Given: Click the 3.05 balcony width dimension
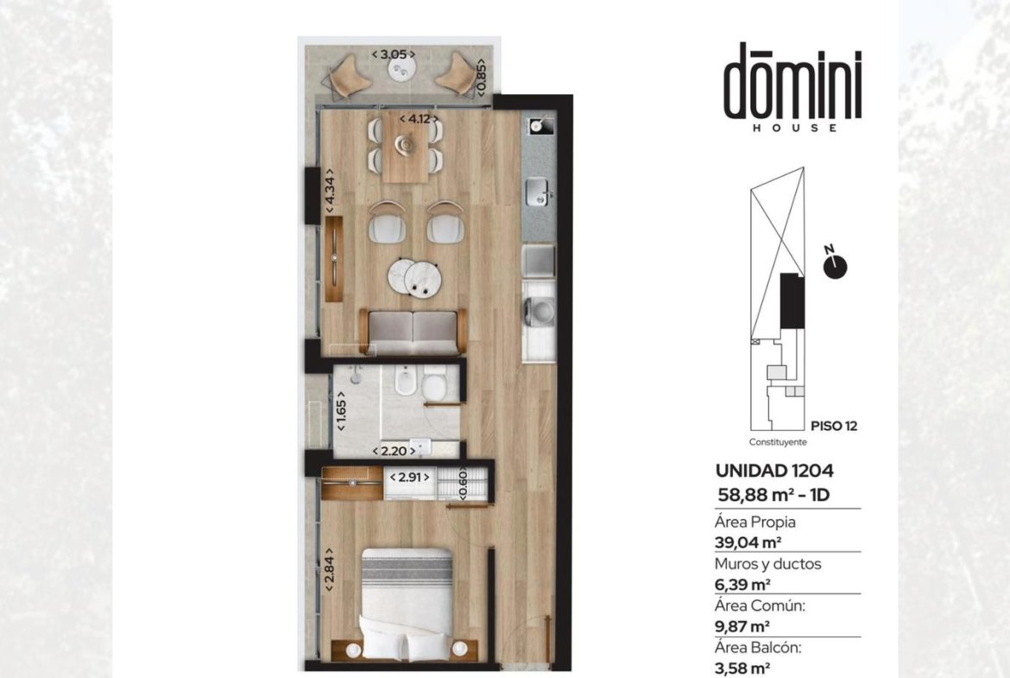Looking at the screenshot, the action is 393,54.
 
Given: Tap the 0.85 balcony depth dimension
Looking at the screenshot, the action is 481,77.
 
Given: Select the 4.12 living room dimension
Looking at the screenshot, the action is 419,118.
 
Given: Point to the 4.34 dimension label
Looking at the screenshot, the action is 329,191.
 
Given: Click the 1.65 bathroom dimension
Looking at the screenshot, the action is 341,410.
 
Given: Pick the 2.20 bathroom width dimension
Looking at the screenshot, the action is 394,451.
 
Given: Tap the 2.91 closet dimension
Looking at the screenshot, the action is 410,478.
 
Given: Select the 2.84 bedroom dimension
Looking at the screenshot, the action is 329,570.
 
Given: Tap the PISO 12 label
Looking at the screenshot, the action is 834,426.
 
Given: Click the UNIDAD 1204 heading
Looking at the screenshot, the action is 774,471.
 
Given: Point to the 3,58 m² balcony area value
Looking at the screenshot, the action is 742,668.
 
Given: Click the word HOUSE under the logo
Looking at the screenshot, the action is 795,128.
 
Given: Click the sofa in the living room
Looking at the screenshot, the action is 413,332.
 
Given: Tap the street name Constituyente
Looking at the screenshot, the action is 778,442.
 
